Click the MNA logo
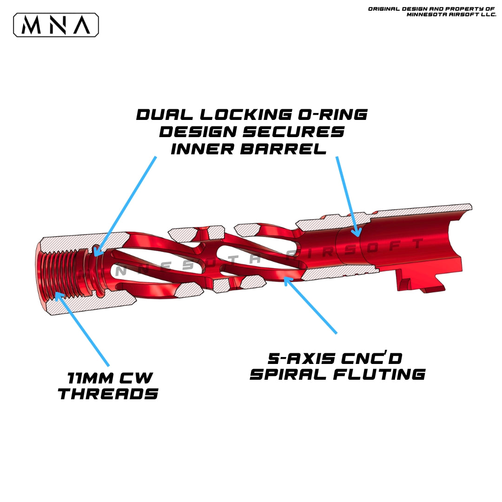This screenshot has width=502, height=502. click(x=56, y=25)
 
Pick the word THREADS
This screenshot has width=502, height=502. click(x=108, y=394)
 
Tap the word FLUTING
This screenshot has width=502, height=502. click(x=381, y=375)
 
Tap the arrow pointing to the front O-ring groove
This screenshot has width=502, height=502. click(x=125, y=205)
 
